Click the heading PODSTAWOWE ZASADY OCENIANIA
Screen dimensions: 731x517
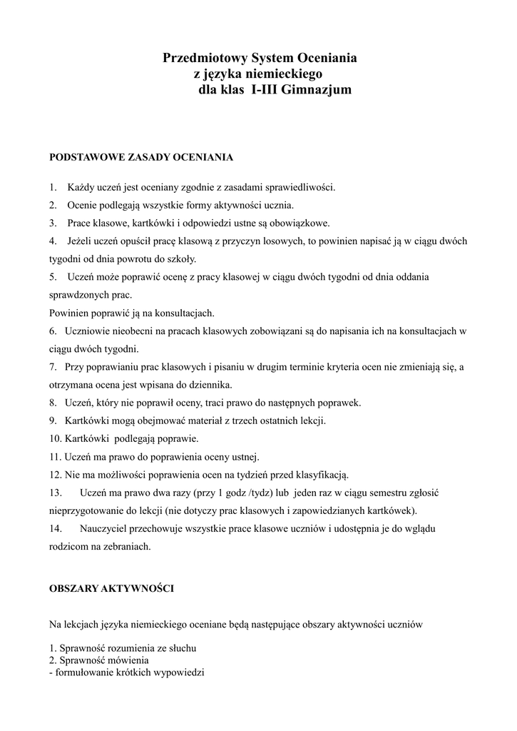(140, 156)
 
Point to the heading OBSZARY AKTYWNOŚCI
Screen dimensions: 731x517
(111, 589)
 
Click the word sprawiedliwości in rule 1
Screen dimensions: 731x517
(300, 188)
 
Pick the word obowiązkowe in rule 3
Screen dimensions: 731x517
(298, 223)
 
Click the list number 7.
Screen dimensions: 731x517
(53, 367)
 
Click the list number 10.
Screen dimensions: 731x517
(56, 438)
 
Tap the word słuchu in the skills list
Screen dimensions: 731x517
(182, 648)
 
